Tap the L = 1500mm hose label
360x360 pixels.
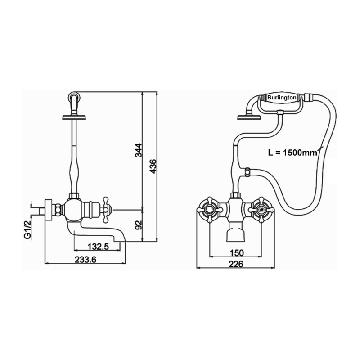(x=293, y=153)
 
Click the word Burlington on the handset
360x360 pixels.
(x=282, y=97)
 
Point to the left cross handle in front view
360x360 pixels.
(x=209, y=209)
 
